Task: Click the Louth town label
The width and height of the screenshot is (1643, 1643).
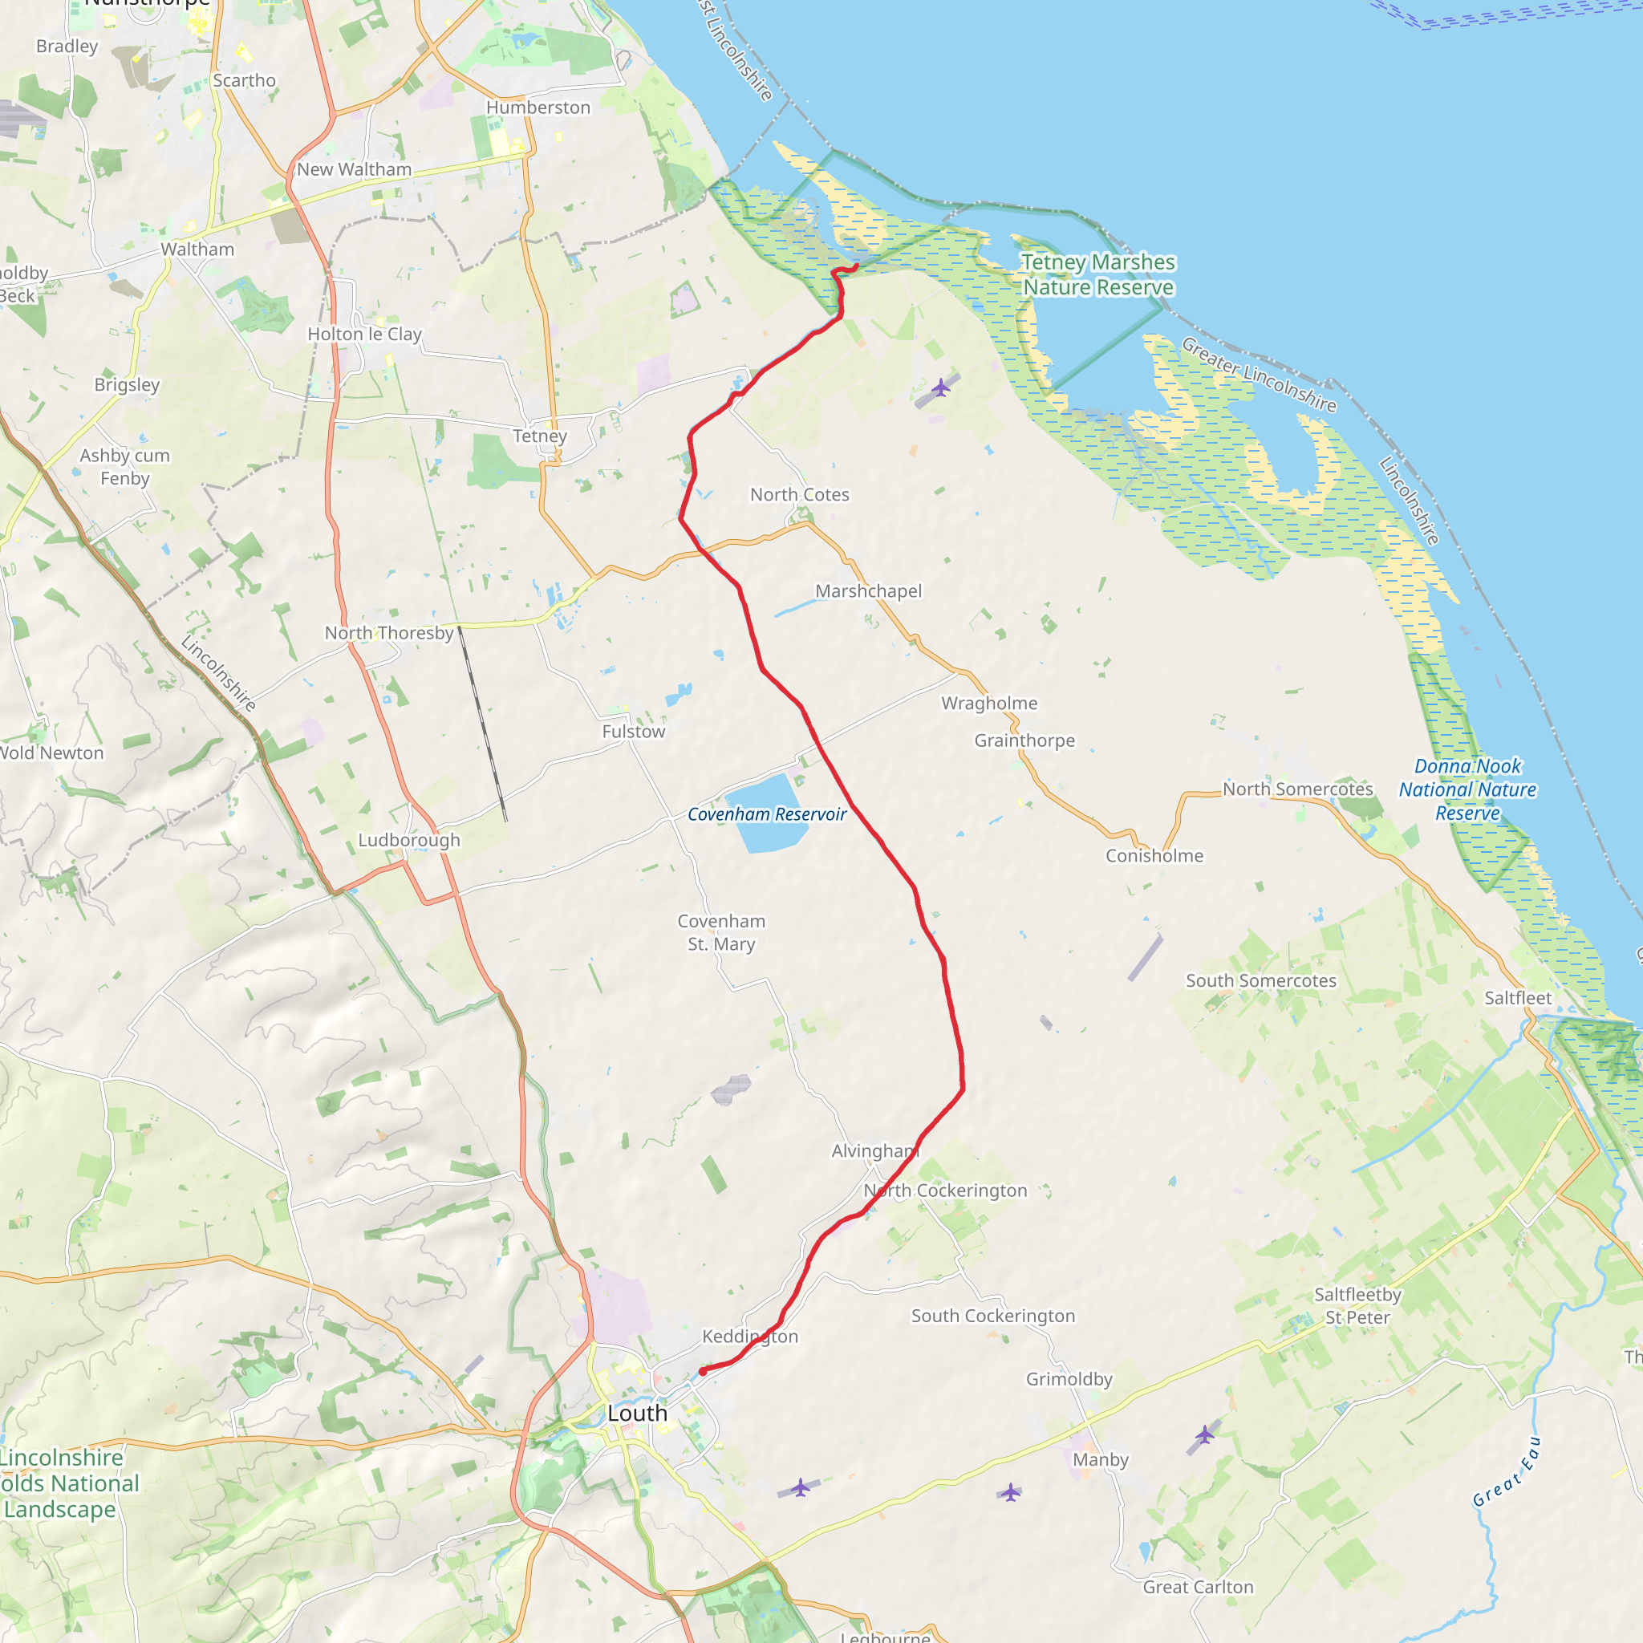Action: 637,1414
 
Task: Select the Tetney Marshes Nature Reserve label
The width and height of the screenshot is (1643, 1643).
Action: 1098,274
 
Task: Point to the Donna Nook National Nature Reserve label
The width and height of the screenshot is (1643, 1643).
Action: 1467,789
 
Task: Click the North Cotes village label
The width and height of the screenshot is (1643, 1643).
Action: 799,494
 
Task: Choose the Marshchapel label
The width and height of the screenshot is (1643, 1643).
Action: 868,591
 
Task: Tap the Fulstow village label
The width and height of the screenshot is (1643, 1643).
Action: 634,732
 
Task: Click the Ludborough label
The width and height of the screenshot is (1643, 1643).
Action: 409,839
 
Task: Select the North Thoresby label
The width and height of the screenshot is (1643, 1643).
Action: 388,633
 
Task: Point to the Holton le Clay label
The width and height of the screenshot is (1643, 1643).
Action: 364,335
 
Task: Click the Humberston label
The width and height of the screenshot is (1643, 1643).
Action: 538,108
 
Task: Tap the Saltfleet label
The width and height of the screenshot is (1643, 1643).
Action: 1518,997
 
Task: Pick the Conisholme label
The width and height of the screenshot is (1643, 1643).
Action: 1154,855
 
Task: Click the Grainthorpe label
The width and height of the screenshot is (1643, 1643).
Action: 1024,740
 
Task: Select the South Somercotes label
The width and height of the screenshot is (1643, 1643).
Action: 1260,980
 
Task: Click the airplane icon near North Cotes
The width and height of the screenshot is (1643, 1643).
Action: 939,387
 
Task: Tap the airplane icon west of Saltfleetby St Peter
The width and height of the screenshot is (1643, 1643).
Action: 1204,1434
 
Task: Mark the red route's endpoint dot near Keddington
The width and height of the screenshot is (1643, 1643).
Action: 703,1372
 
